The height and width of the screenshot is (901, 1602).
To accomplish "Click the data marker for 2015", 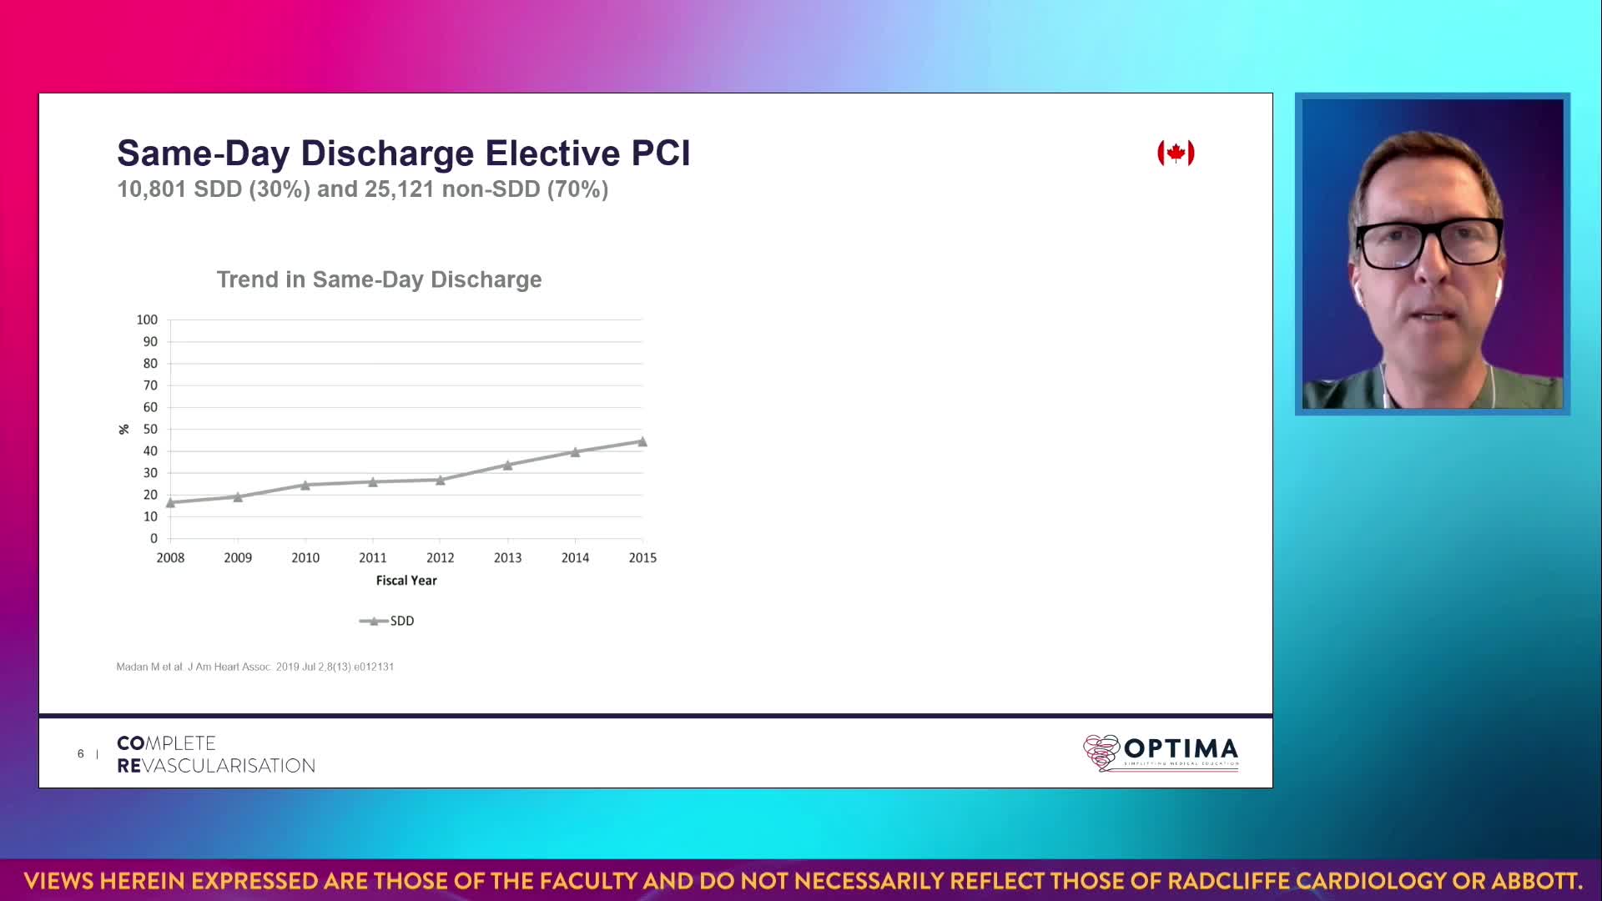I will (x=642, y=441).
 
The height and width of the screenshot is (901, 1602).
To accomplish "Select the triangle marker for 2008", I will (x=170, y=502).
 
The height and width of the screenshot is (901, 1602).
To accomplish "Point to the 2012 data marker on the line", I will (x=441, y=480).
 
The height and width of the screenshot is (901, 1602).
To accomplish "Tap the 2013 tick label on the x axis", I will (x=507, y=557).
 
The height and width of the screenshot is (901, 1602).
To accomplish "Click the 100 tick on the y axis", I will (x=147, y=320).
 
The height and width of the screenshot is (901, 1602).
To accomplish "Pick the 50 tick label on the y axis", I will (x=150, y=429).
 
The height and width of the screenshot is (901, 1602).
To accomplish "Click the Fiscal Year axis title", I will (x=406, y=580).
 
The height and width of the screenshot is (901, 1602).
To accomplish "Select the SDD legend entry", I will (x=387, y=621).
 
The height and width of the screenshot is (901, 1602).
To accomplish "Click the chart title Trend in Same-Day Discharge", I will (x=379, y=279).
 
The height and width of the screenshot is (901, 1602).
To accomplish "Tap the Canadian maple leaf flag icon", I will (x=1176, y=153).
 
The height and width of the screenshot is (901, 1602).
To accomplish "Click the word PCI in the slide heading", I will (x=661, y=154).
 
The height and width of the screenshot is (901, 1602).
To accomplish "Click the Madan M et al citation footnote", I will (x=254, y=667).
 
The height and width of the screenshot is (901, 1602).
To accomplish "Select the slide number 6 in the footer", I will (x=81, y=753).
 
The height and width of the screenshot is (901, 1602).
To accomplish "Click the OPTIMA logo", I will (x=1161, y=752).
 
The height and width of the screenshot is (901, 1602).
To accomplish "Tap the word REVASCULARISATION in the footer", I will (x=216, y=766).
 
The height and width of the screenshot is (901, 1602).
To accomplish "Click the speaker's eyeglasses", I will (x=1428, y=242).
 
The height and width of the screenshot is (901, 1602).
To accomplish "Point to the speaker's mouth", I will (x=1432, y=316).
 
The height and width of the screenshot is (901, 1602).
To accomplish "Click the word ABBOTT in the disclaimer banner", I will (x=1534, y=881).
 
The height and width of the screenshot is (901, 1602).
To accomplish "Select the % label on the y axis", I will (x=123, y=429).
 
